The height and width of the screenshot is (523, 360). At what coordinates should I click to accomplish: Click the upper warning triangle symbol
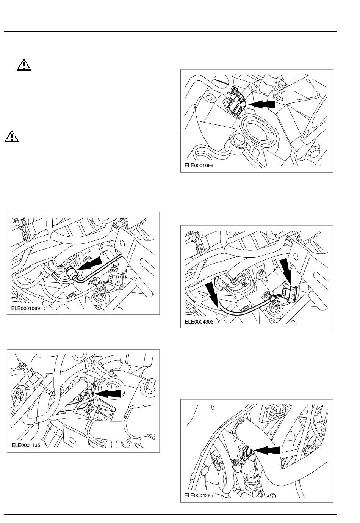point(24,65)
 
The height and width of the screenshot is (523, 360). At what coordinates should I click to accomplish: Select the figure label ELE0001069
point(26,308)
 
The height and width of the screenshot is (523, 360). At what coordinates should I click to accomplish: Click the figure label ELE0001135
point(26,446)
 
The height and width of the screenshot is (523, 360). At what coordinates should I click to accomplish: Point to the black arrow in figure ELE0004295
point(268,450)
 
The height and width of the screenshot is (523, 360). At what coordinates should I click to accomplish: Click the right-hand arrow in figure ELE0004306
point(286,271)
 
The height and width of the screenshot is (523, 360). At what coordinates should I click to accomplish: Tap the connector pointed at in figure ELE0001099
point(236,106)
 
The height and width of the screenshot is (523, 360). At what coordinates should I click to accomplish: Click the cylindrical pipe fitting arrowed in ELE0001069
point(70,273)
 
